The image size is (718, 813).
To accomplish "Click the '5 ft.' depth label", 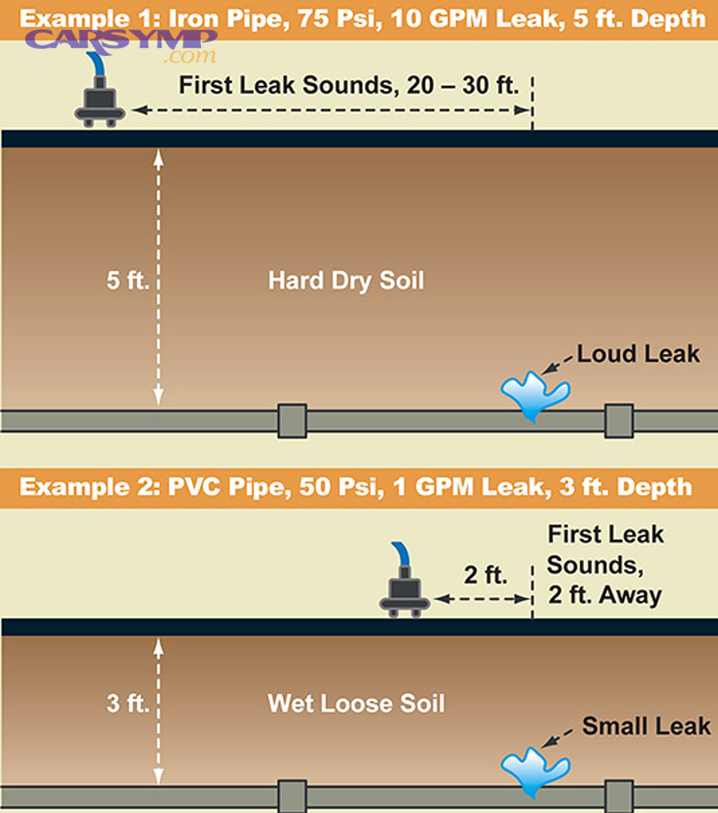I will click(x=128, y=282).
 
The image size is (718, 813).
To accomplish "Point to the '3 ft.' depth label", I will click(x=128, y=704).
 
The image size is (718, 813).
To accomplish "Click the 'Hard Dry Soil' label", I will click(x=346, y=281).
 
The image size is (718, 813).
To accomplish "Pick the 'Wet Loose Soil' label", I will click(x=357, y=704).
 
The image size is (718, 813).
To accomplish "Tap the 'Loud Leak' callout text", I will click(x=638, y=353).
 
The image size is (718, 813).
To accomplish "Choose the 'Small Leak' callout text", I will click(x=646, y=726).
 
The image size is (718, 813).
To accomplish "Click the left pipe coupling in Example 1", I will click(x=292, y=420).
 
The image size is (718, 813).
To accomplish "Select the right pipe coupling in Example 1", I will click(x=618, y=420).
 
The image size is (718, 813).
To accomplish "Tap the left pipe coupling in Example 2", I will click(x=292, y=796).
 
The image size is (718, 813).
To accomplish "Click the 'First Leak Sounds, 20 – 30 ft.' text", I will click(x=349, y=85).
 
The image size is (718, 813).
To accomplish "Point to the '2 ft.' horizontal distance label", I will click(x=485, y=574).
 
